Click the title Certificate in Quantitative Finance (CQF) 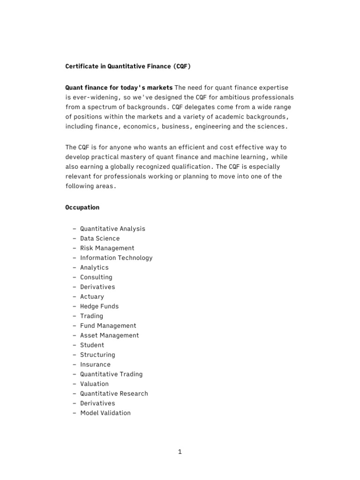[x=128, y=67]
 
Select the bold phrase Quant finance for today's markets [x=119, y=88]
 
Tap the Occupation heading [x=82, y=207]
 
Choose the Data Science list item [x=100, y=239]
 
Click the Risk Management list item [x=107, y=248]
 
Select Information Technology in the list [x=116, y=258]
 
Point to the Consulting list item [x=96, y=277]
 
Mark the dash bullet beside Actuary [x=75, y=297]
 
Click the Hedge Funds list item [x=99, y=307]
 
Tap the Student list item [x=92, y=345]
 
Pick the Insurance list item [x=95, y=365]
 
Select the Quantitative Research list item [x=114, y=394]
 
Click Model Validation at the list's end [x=105, y=413]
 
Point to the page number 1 [x=180, y=452]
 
